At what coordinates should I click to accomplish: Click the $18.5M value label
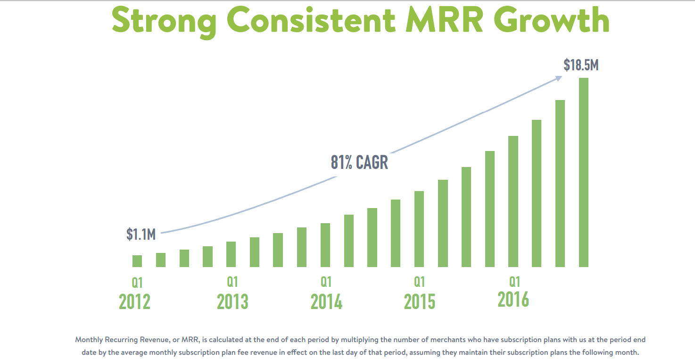tap(581, 65)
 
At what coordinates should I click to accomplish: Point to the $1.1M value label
tap(141, 234)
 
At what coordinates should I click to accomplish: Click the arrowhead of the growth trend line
tap(559, 78)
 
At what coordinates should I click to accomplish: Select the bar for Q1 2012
tap(137, 261)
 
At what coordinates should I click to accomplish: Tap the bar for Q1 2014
tap(325, 245)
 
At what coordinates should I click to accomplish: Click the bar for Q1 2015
tap(419, 229)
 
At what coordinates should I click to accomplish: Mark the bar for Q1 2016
tap(513, 201)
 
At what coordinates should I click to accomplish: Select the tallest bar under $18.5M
tap(584, 172)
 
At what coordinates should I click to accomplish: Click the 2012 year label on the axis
tap(135, 301)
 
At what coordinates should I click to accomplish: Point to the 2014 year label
tap(326, 301)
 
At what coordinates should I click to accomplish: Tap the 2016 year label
tap(513, 299)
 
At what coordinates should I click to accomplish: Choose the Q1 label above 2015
tap(419, 282)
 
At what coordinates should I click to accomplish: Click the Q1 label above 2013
tap(232, 282)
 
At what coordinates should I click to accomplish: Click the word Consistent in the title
tap(311, 20)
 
